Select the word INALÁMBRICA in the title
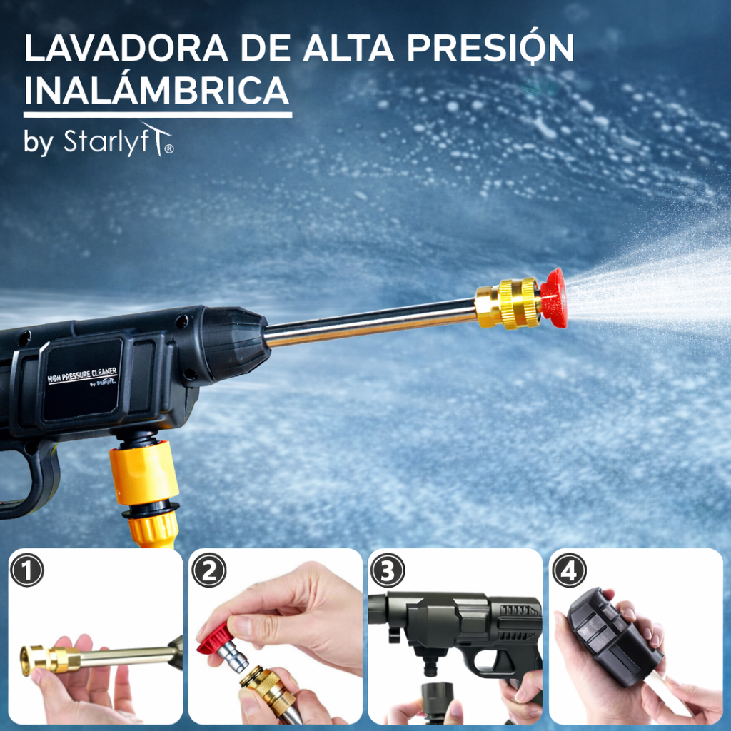click(156, 92)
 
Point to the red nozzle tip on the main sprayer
click(553, 298)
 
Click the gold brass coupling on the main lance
click(508, 304)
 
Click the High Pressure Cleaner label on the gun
click(83, 377)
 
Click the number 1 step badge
click(27, 570)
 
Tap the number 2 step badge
click(208, 570)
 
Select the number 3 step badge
click(388, 570)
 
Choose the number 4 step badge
click(569, 570)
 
